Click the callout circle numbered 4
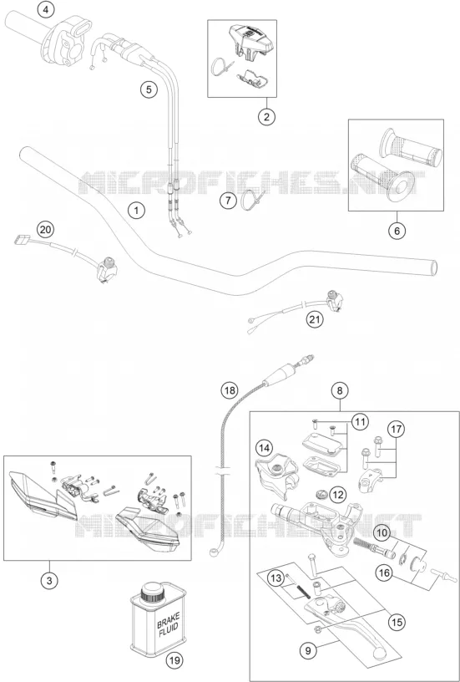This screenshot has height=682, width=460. click(x=46, y=9)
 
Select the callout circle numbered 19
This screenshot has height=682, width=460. click(x=174, y=660)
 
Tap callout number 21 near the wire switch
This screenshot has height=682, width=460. click(x=316, y=320)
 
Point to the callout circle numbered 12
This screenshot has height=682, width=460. click(x=338, y=495)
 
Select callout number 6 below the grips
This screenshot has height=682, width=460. click(x=397, y=231)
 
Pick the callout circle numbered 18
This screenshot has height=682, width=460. click(x=230, y=390)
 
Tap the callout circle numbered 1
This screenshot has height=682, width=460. click(x=136, y=211)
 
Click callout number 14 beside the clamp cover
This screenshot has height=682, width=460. click(x=265, y=447)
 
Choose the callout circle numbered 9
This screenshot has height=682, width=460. click(x=308, y=651)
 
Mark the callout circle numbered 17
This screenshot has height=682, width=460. click(x=395, y=430)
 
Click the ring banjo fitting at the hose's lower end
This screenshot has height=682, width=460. click(x=215, y=552)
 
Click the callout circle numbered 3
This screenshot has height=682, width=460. click(x=49, y=581)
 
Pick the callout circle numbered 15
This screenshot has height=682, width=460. click(x=397, y=623)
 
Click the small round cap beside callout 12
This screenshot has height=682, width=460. click(x=322, y=494)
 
